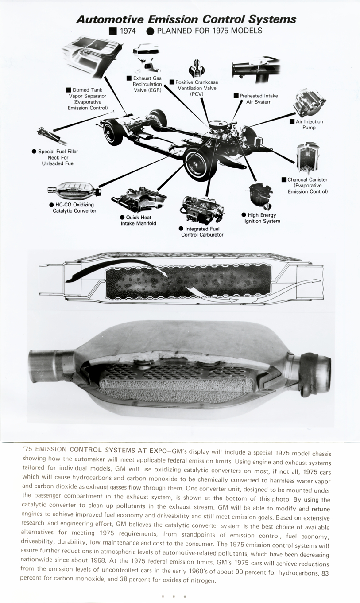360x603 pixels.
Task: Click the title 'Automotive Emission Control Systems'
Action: coord(186,19)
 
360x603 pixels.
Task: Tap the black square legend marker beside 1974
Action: coord(113,31)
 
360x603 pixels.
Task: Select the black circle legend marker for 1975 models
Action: coord(150,31)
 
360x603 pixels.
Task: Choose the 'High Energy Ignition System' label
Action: coord(262,218)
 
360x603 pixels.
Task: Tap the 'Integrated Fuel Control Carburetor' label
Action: coord(202,232)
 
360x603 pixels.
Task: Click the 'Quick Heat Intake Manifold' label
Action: coord(138,220)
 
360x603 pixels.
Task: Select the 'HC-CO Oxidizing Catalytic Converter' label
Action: coord(72,208)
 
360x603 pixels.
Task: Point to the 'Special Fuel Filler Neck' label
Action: coord(58,157)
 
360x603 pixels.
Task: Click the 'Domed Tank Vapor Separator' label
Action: coord(87,99)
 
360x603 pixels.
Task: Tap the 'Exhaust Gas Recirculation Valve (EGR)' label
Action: coord(147,84)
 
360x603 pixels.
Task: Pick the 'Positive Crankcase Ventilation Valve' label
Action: coord(197,88)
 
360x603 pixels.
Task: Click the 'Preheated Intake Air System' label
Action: coord(259,99)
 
